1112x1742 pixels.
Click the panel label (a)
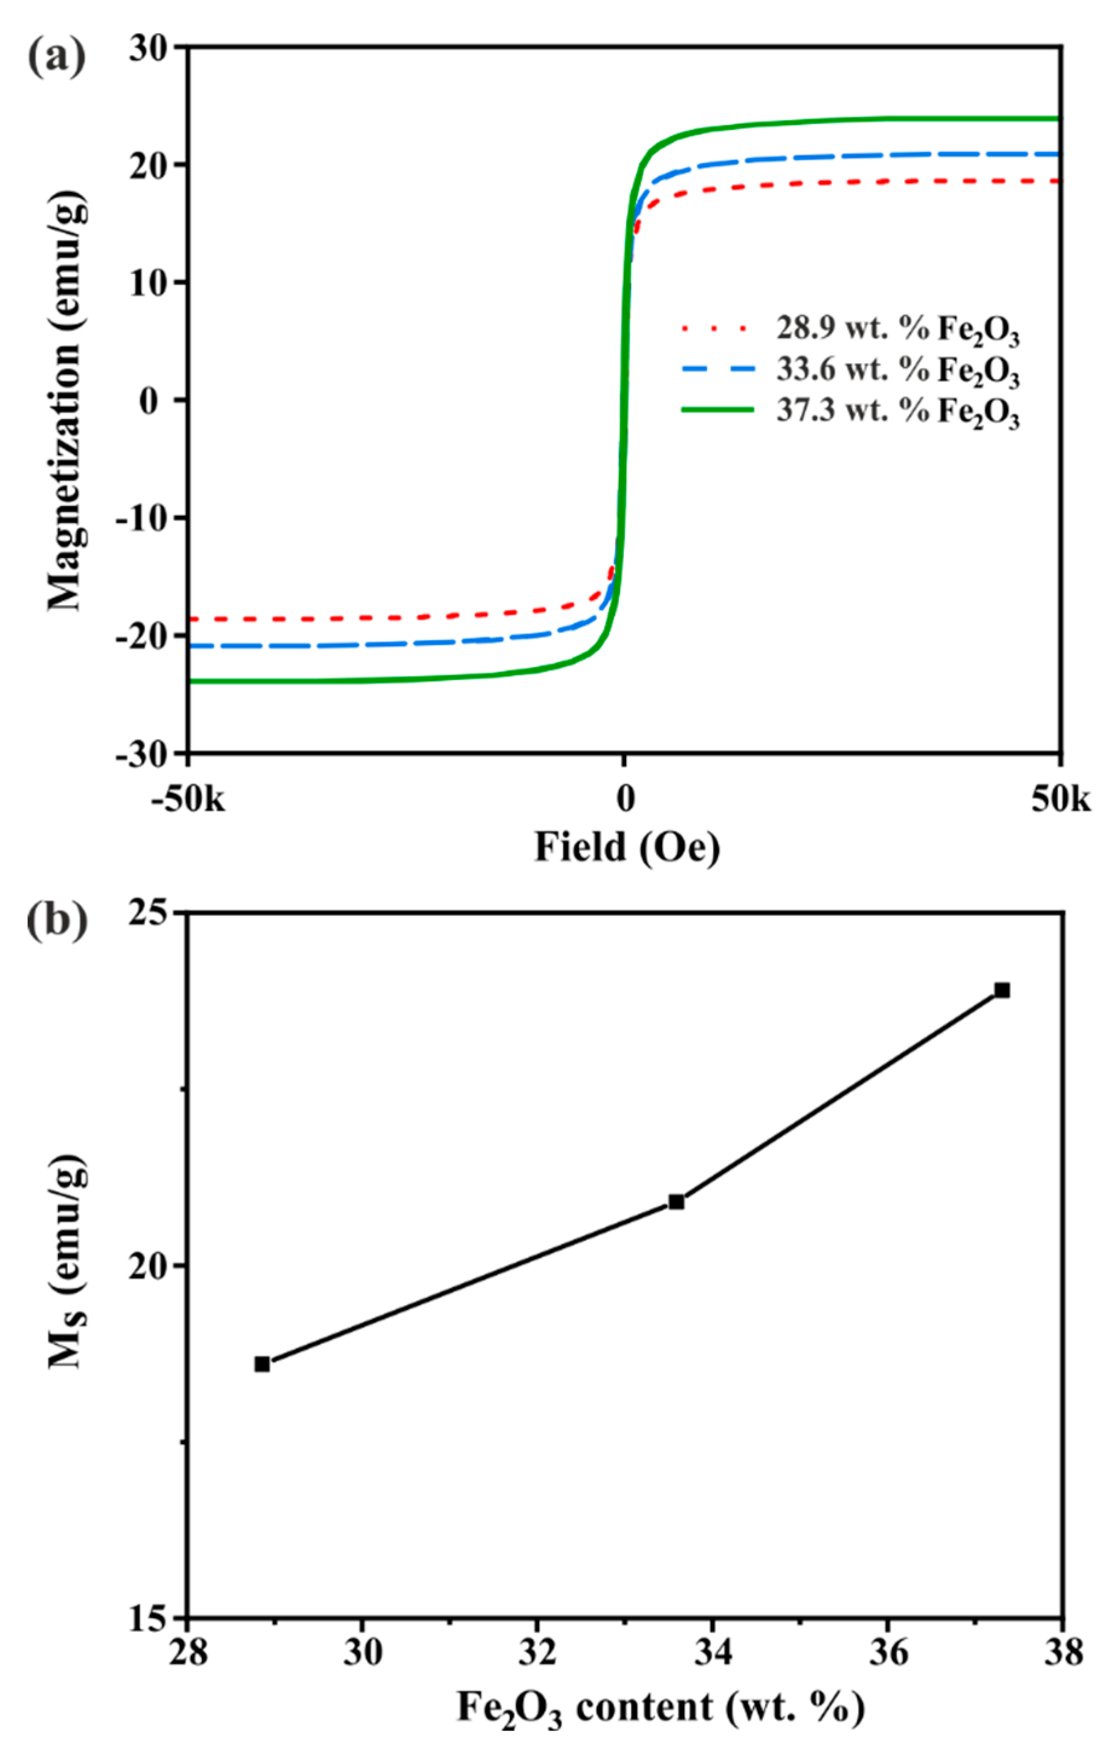coord(56,56)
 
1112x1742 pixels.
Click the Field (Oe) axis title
coord(627,846)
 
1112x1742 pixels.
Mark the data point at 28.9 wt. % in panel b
coord(262,1364)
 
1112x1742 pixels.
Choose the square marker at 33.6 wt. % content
coord(676,1202)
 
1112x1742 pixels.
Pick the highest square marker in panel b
coord(1002,990)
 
